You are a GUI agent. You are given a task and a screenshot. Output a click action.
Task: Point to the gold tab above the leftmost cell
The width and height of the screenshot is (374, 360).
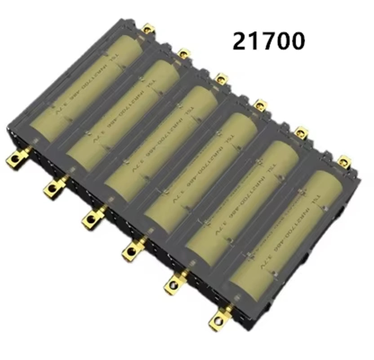pyautogui.click(x=148, y=30)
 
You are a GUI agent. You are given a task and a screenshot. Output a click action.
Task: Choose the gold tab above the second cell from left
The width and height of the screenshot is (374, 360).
pyautogui.click(x=183, y=54)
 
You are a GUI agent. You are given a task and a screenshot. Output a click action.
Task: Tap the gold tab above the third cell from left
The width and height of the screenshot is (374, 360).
pyautogui.click(x=221, y=79)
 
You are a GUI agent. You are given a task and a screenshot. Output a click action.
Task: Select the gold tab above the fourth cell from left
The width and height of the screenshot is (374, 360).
pyautogui.click(x=260, y=105)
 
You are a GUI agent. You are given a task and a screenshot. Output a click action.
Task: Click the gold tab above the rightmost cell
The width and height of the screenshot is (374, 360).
pyautogui.click(x=344, y=160)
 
